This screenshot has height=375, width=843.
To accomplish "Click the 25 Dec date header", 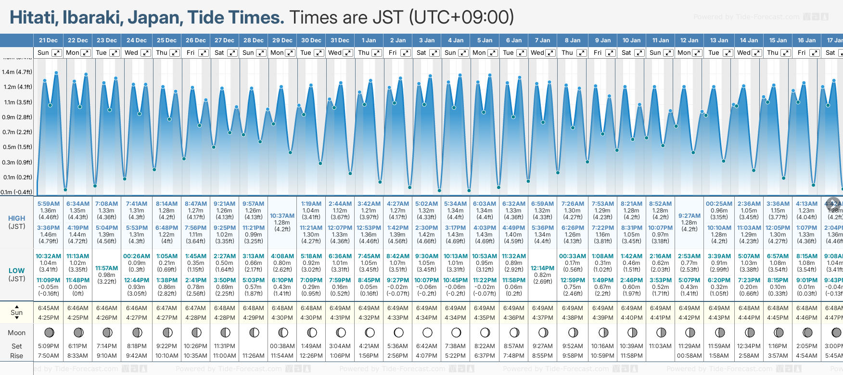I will (166, 40).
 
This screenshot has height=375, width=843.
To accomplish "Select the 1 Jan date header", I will (369, 40).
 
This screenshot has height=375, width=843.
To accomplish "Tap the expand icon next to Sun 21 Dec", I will (56, 53).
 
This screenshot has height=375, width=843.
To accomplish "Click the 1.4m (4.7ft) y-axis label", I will (17, 72).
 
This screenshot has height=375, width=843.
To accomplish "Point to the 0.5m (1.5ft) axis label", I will (17, 147).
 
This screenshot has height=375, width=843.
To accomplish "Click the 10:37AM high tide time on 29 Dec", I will (282, 216).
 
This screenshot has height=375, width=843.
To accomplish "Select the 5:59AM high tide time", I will (48, 204).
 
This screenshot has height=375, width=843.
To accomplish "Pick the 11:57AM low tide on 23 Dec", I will (106, 268).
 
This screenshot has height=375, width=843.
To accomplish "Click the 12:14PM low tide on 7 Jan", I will (542, 268).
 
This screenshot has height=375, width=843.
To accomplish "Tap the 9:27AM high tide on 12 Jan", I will (689, 216).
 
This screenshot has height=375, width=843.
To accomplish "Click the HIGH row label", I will (17, 218).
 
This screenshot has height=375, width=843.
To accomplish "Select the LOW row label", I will (17, 271).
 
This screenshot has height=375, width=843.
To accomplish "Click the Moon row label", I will (17, 333).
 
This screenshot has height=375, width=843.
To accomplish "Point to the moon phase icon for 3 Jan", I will (427, 332).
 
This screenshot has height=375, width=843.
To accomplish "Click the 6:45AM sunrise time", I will (48, 308).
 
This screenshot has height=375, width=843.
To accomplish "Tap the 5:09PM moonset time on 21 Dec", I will (48, 346).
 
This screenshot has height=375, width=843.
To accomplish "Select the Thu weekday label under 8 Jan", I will (567, 53).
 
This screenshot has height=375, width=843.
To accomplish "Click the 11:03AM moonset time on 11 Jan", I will (660, 346).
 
